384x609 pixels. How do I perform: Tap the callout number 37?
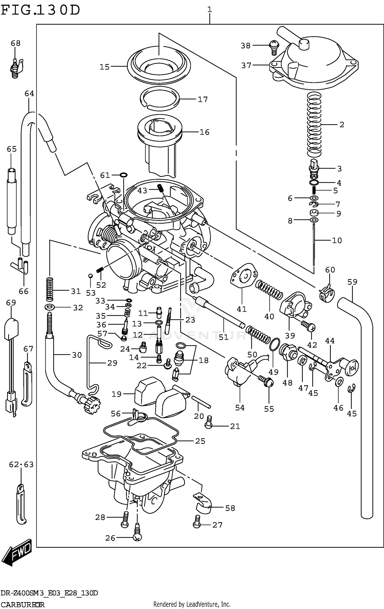pos(246,66)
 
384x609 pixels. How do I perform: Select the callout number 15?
pos(104,67)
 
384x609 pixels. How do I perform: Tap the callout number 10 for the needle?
pos(337,240)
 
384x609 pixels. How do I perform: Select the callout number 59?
pos(352,282)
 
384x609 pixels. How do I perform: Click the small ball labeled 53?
pos(90,276)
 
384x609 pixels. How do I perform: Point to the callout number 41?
pos(241,309)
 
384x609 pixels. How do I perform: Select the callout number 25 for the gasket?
pos(200,441)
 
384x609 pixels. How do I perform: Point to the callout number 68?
pos(16,43)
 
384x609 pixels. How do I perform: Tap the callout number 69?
pos(11,302)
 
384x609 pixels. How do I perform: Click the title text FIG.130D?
pos(40,10)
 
